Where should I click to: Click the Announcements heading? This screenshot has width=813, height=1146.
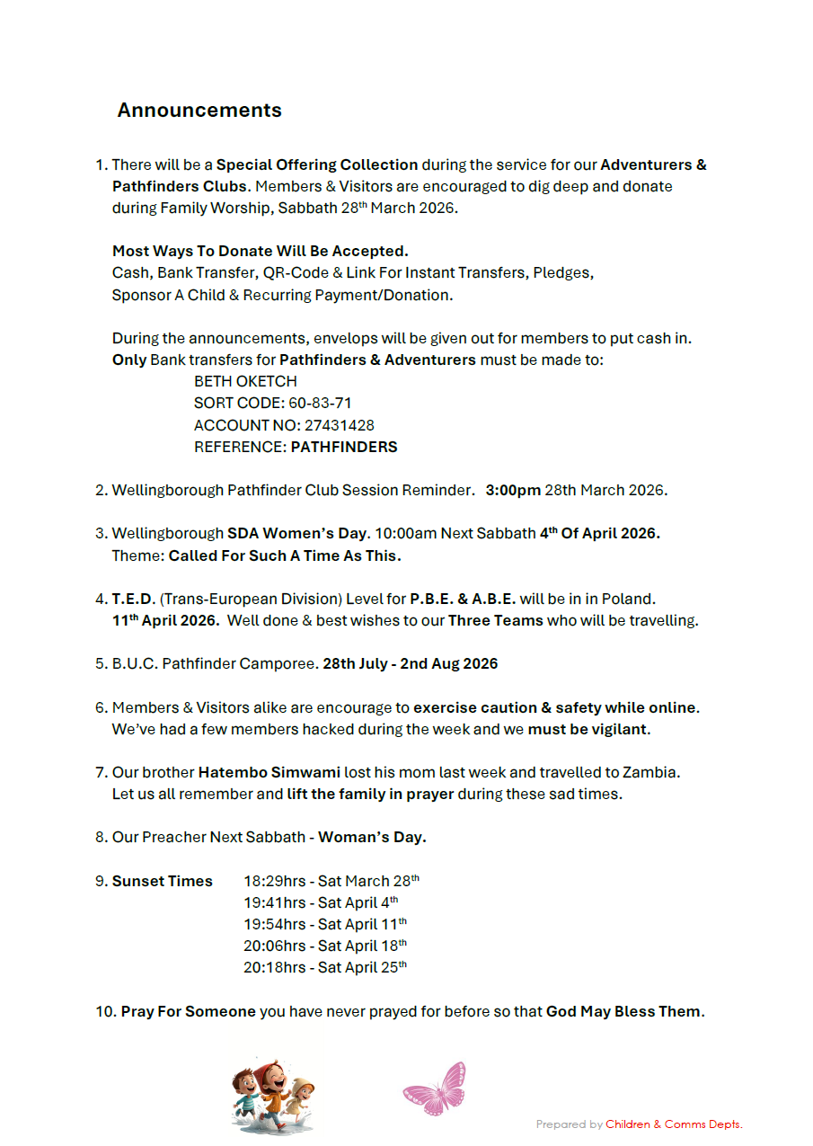(199, 111)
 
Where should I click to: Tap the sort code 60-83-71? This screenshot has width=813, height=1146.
(320, 404)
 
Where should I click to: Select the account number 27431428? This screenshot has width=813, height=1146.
(339, 425)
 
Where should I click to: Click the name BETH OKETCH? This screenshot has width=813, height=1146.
(245, 382)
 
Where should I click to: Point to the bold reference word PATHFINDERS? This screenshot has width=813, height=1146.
(344, 447)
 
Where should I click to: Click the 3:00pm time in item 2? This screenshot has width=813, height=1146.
(513, 491)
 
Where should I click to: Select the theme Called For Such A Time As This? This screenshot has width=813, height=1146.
(284, 555)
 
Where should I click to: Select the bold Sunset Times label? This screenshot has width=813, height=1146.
(163, 881)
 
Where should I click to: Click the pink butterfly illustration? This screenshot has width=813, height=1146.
(436, 1088)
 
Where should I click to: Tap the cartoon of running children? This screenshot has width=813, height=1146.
(273, 1094)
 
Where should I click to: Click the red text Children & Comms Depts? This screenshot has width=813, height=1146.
(674, 1124)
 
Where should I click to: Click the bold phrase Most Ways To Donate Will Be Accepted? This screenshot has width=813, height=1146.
(261, 251)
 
